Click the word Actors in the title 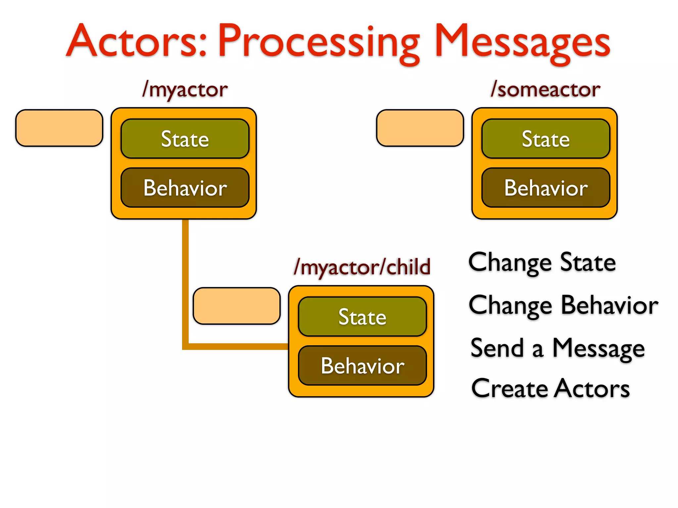click(x=137, y=41)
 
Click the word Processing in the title click(x=318, y=43)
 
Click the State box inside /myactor click(x=185, y=139)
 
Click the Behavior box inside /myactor click(x=185, y=188)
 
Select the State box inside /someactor click(x=546, y=139)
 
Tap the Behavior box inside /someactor click(x=546, y=188)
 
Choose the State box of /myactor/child click(x=362, y=317)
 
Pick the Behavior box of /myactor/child click(x=362, y=366)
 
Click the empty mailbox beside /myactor click(x=59, y=128)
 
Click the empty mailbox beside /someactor click(x=420, y=128)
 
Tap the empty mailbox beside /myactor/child click(x=236, y=306)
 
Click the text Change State click(x=542, y=262)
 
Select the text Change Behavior click(x=563, y=305)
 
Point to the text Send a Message click(x=557, y=348)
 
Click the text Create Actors click(x=550, y=388)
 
